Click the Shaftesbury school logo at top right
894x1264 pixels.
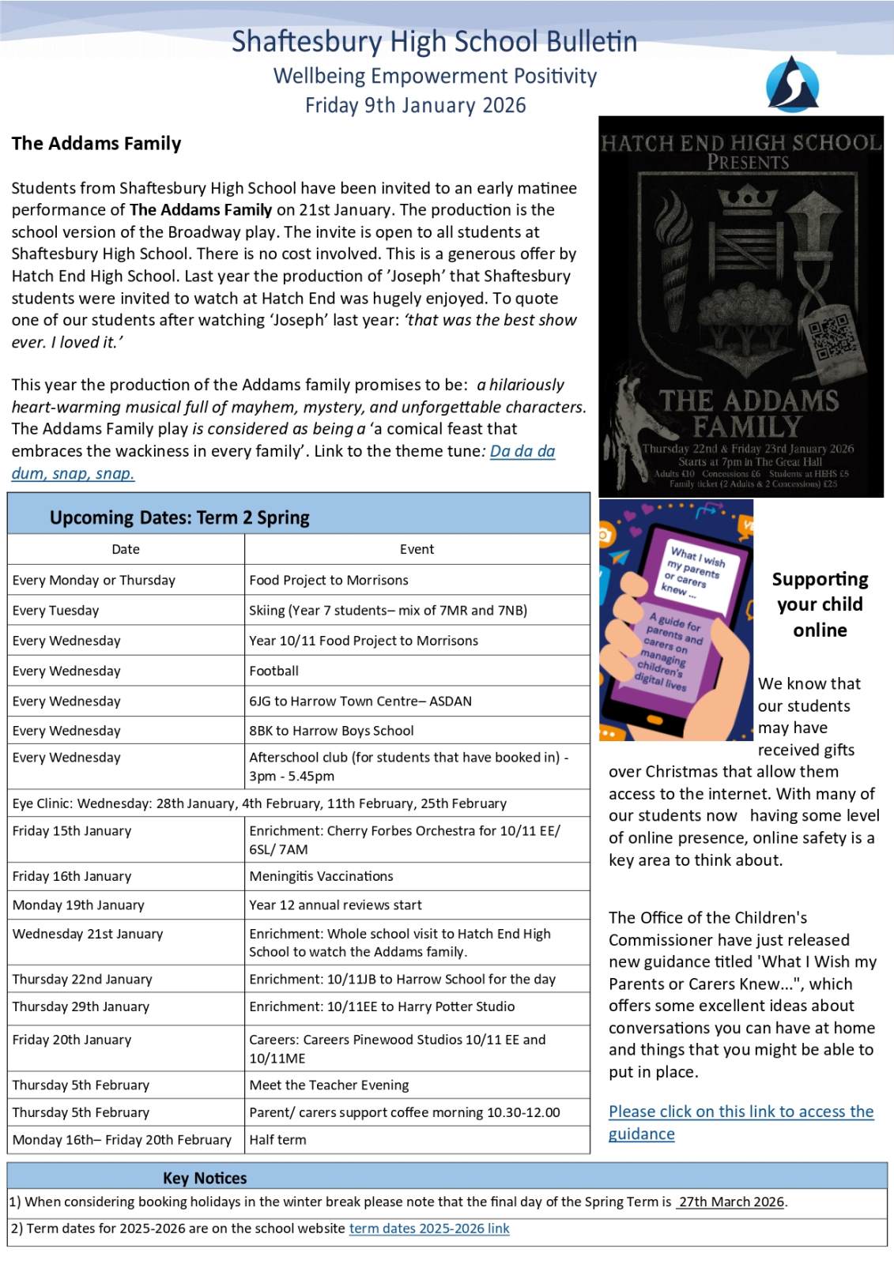tap(792, 84)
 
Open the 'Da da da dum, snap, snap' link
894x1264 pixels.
tap(522, 451)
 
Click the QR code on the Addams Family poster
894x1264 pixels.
tap(829, 337)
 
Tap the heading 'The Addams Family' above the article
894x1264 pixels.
tap(96, 143)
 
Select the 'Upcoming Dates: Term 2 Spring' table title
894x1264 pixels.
tap(179, 517)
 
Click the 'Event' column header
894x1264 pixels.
tap(417, 549)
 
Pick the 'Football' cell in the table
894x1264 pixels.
tap(274, 671)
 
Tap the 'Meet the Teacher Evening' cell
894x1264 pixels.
tap(329, 1085)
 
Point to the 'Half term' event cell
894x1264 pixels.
tap(277, 1139)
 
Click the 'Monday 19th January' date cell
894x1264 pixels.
tap(78, 905)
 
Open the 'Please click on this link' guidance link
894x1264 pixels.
tap(741, 1112)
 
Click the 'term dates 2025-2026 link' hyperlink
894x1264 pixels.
tap(429, 1228)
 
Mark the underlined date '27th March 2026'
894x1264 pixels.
tap(731, 1202)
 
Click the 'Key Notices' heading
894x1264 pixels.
tap(205, 1178)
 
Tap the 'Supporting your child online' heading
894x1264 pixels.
tap(820, 604)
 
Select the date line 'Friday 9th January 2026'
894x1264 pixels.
tap(415, 105)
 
